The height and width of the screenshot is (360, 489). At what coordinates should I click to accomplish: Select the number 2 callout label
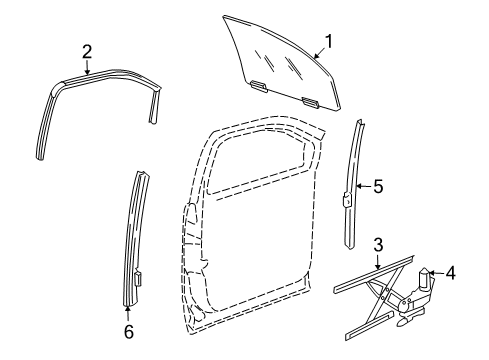(x=87, y=50)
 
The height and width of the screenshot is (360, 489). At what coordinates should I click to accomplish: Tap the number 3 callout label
(x=378, y=245)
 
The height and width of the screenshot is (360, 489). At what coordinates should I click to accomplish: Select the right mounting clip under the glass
(x=311, y=101)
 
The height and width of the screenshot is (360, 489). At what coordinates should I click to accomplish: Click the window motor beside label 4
(x=425, y=282)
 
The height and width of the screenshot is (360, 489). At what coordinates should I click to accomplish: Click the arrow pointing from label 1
(x=316, y=53)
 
